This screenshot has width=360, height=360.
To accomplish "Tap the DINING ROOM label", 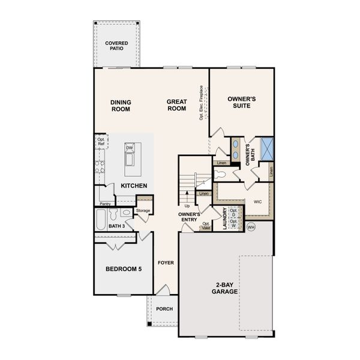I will click(x=121, y=106).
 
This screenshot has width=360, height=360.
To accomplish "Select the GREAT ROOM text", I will click(x=176, y=106).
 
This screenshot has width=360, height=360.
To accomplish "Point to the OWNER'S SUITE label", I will click(x=242, y=102).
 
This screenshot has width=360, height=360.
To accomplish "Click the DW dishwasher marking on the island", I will click(x=129, y=147).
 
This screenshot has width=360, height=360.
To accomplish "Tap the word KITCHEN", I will click(x=134, y=186).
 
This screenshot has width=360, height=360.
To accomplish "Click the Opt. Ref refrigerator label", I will click(x=101, y=142).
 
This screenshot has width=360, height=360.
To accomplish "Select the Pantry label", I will click(x=105, y=204).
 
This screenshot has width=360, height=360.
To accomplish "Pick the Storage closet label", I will click(x=143, y=211).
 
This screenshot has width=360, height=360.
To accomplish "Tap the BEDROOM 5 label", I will click(x=124, y=269).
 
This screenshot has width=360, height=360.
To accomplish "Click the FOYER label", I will click(x=166, y=263).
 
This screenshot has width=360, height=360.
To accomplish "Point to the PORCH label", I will click(x=164, y=309).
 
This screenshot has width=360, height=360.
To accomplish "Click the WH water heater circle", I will click(x=251, y=227).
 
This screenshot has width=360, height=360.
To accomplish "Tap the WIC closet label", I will click(x=259, y=202).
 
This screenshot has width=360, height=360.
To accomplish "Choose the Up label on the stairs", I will click(x=187, y=205).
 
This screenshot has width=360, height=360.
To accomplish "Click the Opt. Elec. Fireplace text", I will click(x=202, y=102).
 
